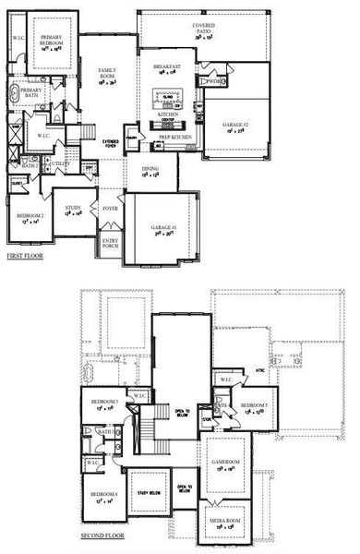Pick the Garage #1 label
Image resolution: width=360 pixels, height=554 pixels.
pos(163,230)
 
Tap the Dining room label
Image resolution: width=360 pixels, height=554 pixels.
pos(151,171)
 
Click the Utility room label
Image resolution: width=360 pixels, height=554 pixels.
pos(51,163)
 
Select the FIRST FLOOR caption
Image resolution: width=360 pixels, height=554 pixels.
pos(26,256)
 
